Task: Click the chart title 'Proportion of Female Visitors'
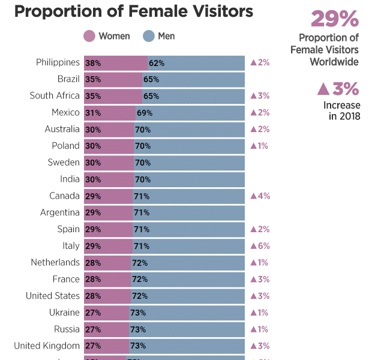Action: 133,11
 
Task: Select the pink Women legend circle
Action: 89,37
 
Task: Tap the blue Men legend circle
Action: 149,37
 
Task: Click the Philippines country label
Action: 58,62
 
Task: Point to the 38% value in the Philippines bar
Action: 93,63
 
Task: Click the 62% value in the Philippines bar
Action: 157,63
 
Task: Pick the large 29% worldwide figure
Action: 334,19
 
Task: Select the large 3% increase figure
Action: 338,89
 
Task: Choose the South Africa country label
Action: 55,96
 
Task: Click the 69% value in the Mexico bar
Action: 145,113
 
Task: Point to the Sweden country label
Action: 64,163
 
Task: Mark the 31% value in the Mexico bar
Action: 93,113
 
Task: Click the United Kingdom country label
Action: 47,346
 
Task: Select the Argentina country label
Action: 60,212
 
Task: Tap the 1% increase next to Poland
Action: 259,146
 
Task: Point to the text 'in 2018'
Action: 344,116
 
